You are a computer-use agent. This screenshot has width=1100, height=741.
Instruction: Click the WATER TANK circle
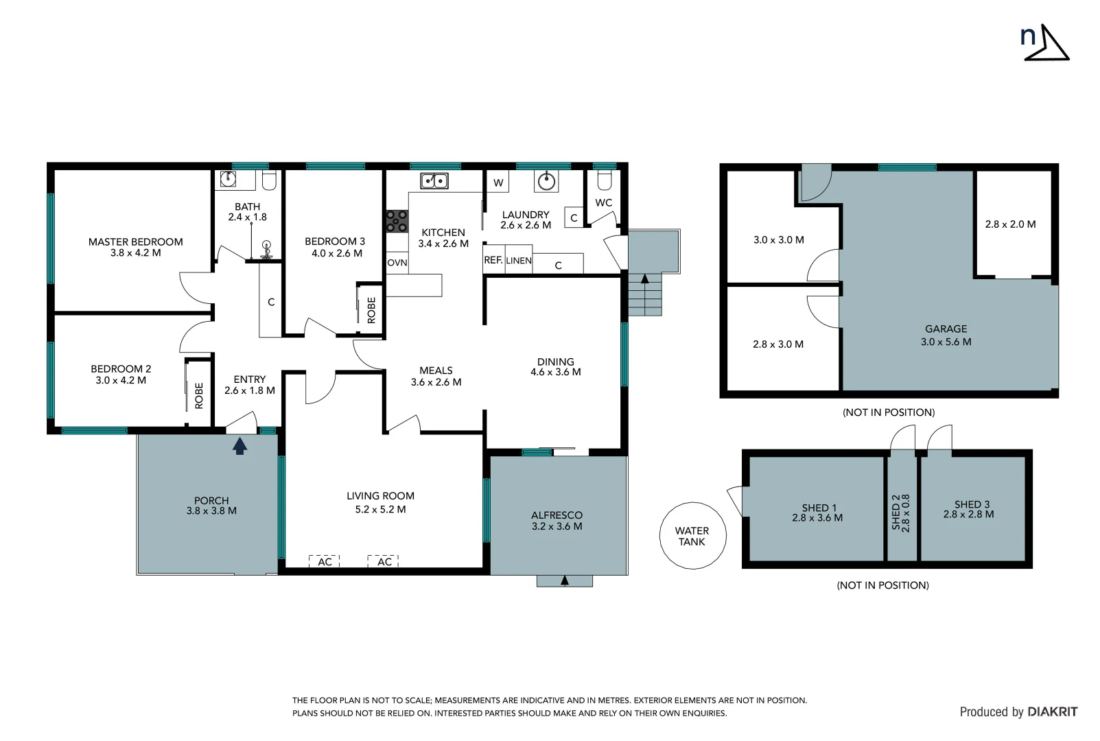point(692,536)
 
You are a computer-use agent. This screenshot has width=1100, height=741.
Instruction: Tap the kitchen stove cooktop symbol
point(397,221)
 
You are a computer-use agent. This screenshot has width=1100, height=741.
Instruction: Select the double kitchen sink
point(434,181)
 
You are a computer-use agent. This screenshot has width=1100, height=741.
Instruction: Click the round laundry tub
point(546,181)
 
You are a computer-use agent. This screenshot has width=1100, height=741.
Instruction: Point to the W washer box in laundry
point(498,183)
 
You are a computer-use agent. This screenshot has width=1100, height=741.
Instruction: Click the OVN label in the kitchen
point(397,263)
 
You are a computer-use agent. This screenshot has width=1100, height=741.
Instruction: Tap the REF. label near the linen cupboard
point(493,261)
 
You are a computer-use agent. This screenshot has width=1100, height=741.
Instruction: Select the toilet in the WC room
point(604,180)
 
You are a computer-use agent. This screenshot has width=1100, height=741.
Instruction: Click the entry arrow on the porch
point(239,447)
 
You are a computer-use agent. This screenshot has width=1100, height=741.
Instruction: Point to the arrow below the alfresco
point(565,580)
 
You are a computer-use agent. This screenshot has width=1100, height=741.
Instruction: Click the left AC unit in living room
point(325,561)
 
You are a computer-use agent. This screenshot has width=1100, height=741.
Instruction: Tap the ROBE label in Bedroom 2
point(199,395)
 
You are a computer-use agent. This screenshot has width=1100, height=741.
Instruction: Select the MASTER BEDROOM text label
point(136,242)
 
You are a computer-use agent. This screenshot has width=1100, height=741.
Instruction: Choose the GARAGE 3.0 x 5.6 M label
point(946,335)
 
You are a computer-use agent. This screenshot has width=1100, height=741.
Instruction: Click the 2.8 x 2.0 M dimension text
point(1010,224)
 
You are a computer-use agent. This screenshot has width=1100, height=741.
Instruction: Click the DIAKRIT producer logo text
point(1053,712)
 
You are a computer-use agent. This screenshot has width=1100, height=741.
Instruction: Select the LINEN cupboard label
point(519,261)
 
